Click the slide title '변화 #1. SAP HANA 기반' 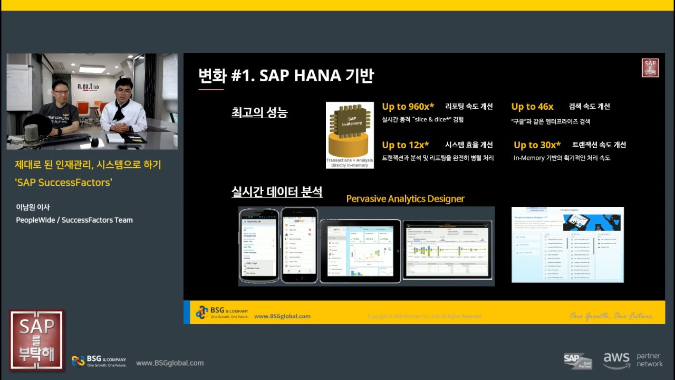click(x=286, y=75)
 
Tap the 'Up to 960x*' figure click(x=408, y=107)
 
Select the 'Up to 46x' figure click(x=532, y=107)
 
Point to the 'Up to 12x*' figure click(x=405, y=145)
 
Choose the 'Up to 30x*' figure click(x=537, y=145)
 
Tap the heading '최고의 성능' click(x=259, y=112)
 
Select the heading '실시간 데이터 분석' click(x=277, y=191)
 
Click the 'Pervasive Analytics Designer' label click(x=405, y=199)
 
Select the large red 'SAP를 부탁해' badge click(x=37, y=340)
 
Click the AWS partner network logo click(x=633, y=360)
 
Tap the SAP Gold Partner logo click(x=577, y=361)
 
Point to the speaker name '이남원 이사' click(x=33, y=207)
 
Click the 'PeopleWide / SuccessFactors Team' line click(x=74, y=220)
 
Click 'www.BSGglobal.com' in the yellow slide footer click(x=282, y=316)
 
